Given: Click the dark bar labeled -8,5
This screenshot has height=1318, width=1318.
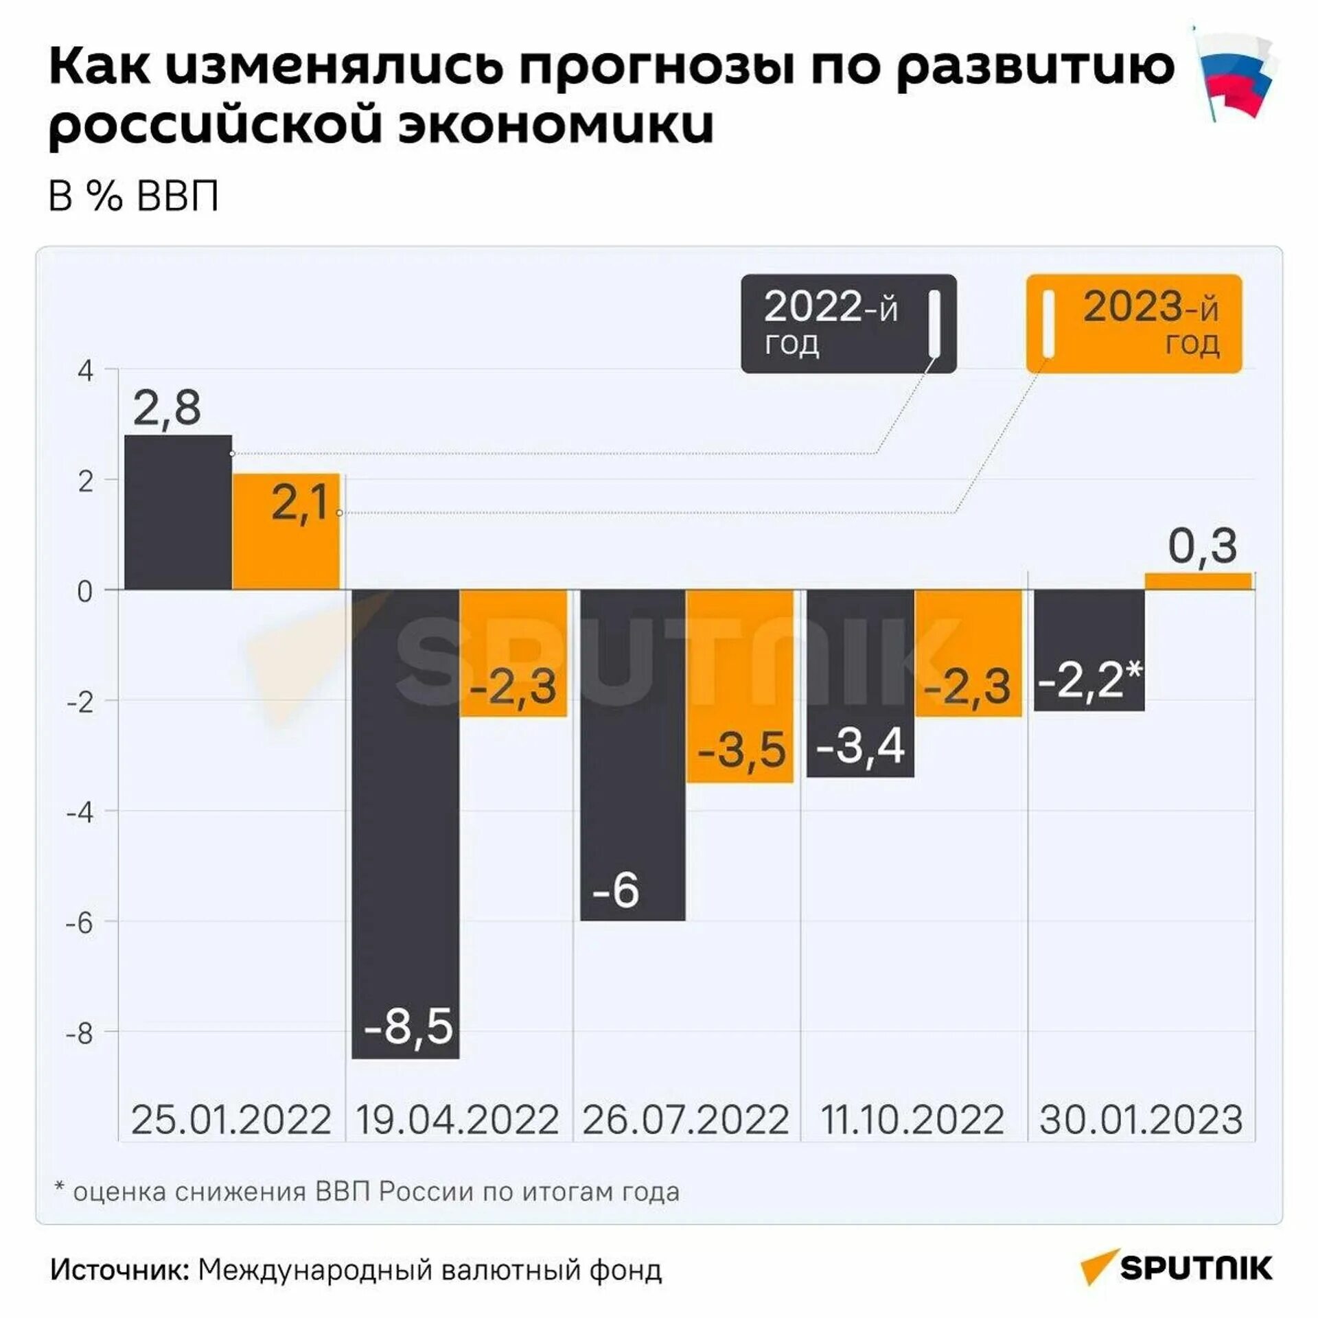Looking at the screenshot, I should pos(406,824).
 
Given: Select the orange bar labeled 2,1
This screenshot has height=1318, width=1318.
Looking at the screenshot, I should pos(286,532).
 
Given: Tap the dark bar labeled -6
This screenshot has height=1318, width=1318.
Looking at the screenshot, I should pos(633,755).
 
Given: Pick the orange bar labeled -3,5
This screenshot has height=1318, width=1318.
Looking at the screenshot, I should pos(740,686).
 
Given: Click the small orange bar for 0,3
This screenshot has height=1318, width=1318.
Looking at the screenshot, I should pos(1198,581).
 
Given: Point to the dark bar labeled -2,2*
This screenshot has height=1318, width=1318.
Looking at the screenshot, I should pos(1089,651).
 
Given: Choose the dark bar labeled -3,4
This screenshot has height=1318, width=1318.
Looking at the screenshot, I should pos(860,684).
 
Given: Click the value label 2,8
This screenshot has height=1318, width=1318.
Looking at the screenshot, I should pos(167,408).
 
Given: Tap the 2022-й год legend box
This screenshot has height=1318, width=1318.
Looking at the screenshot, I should pos(848,324).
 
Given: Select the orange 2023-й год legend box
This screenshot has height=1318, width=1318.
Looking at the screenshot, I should pos(1134,324).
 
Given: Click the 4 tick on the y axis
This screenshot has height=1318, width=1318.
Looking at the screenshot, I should pos(86,371).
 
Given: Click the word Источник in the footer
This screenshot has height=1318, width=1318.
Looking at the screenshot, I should pos(119,1270).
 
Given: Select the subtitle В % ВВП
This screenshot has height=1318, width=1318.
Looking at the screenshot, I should pos(134,196).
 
